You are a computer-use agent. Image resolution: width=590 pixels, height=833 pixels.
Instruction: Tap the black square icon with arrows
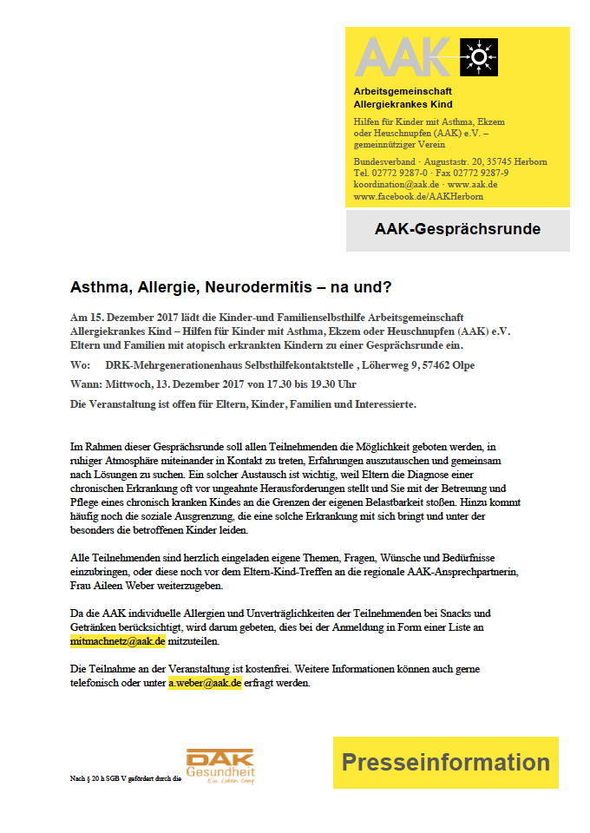[x=477, y=56]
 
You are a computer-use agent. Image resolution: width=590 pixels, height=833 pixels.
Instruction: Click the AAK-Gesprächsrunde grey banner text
[x=457, y=230]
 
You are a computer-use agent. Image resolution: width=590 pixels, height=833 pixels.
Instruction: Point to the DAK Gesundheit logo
[x=220, y=767]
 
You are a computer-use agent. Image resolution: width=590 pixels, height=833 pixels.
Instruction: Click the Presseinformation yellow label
[x=445, y=763]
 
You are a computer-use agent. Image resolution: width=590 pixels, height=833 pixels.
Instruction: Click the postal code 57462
[x=435, y=365]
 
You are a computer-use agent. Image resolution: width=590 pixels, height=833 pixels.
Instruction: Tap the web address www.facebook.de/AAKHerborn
[x=419, y=197]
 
